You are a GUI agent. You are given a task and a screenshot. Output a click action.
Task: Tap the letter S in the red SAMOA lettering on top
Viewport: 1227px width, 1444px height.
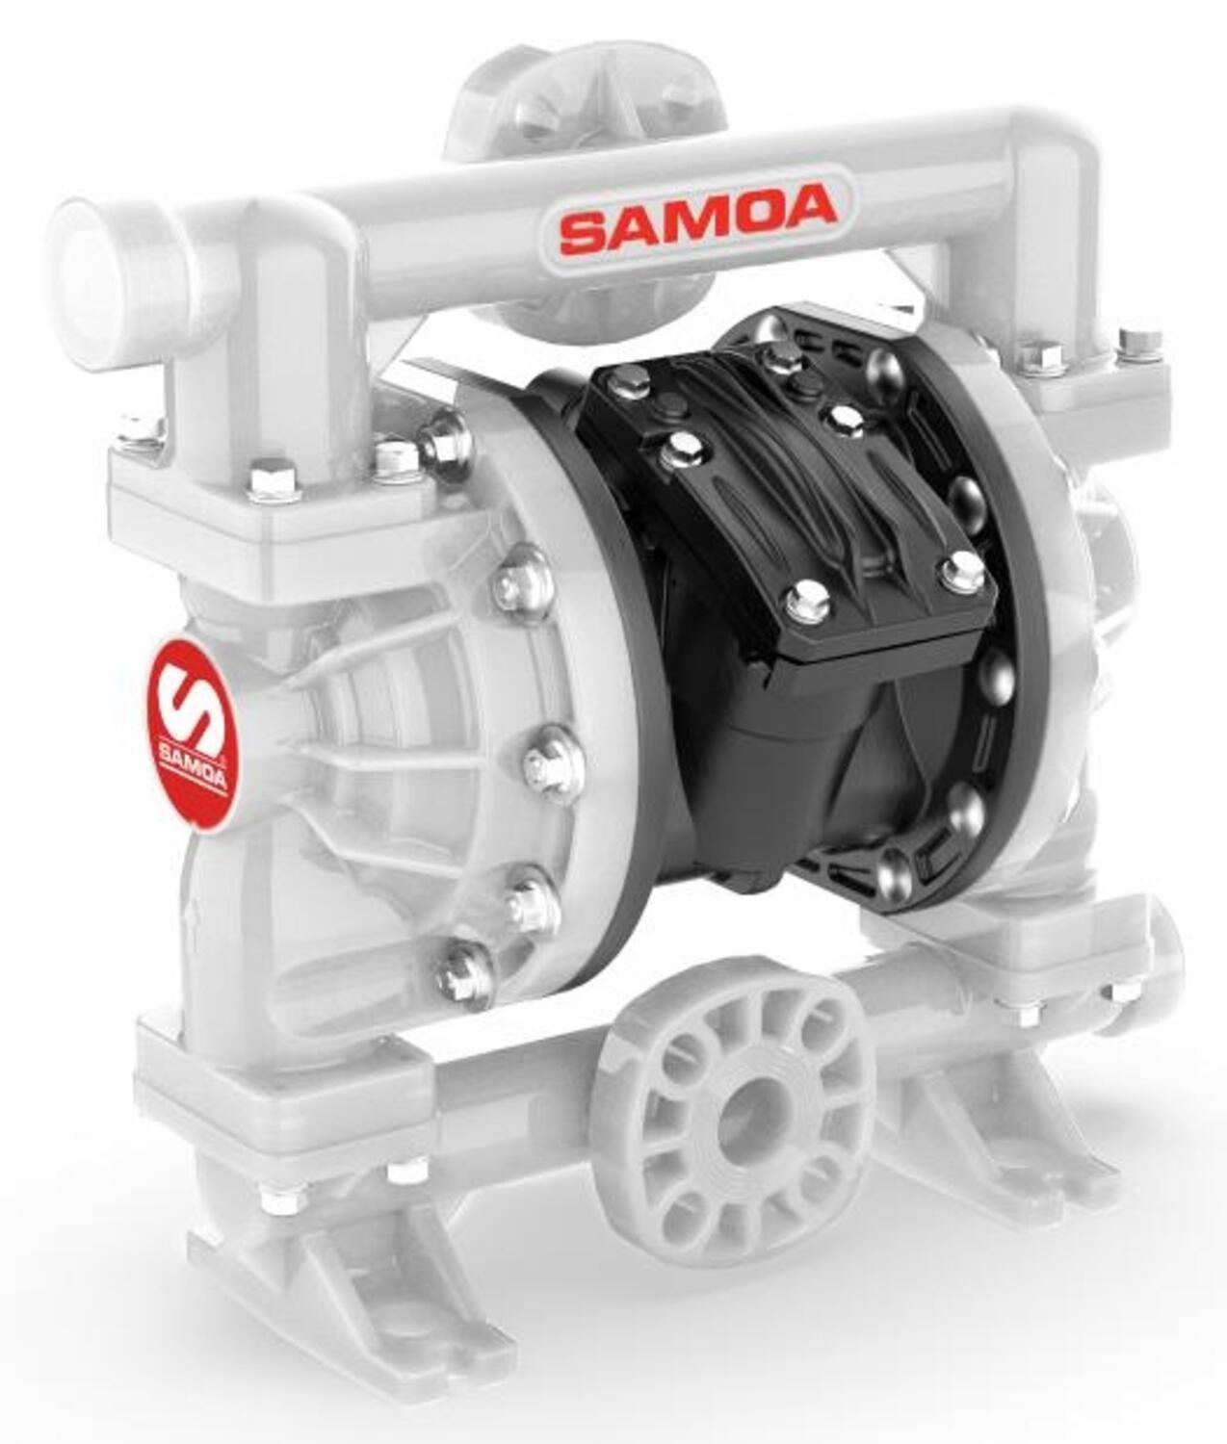point(584,229)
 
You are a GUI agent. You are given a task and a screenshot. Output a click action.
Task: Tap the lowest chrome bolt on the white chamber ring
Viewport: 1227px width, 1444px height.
point(465,974)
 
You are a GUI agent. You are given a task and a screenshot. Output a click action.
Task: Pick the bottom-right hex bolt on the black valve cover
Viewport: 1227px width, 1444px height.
point(962,572)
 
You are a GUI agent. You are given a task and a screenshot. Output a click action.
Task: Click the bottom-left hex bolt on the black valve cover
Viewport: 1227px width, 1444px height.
point(807,603)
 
